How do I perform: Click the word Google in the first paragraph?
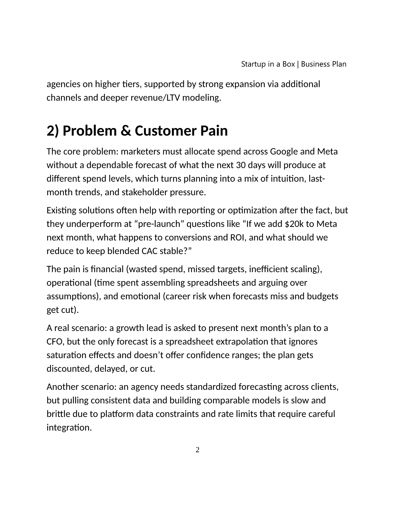pyautogui.click(x=284, y=152)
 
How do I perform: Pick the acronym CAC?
pyautogui.click(x=150, y=251)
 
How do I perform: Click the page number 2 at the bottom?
pyautogui.click(x=197, y=450)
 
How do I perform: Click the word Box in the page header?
pyautogui.click(x=289, y=64)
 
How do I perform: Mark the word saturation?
pyautogui.click(x=66, y=355)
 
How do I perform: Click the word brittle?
pyautogui.click(x=57, y=414)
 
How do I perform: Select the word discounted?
pyautogui.click(x=69, y=369)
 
